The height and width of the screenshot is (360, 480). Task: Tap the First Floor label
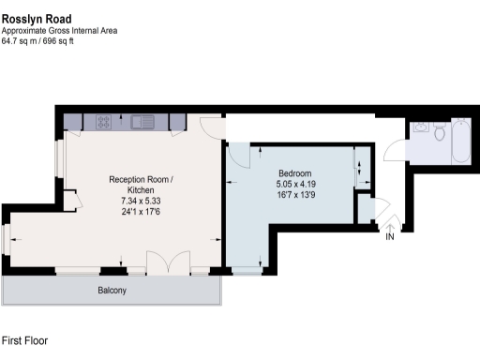coord(25,340)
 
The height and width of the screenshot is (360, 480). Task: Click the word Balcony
coord(112,291)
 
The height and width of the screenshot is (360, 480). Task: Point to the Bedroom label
coord(294,173)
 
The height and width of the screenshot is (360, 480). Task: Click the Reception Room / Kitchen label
coord(142,185)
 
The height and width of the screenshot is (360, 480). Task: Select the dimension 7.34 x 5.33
coord(142,201)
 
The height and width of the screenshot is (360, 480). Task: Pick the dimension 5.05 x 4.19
coord(294,185)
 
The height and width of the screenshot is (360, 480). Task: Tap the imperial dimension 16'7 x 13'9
coord(294,196)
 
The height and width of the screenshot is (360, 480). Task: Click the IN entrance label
coord(390,237)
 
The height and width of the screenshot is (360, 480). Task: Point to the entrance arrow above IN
coord(390,225)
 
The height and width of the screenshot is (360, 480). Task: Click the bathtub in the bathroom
coord(461,141)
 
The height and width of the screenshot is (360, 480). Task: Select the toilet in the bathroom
coord(439,132)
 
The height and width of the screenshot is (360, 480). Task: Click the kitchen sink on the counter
coord(143,121)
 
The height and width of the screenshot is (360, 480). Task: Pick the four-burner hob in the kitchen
coord(104,121)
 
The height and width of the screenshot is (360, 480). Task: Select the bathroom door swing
coord(396,151)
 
